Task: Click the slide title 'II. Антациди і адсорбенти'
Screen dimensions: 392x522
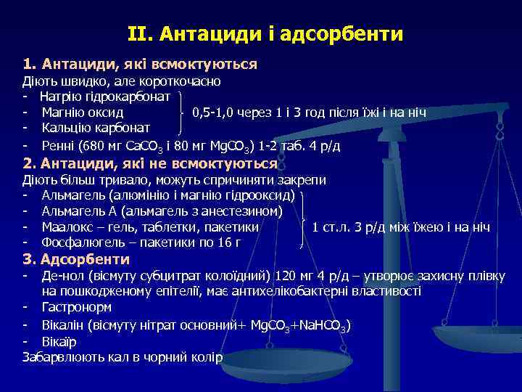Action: (265, 34)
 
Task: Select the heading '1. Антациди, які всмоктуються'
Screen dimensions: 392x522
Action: (140, 65)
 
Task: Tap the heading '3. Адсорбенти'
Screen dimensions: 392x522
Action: (76, 259)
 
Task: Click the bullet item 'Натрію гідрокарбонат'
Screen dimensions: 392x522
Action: (105, 97)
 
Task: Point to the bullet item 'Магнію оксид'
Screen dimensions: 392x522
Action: (82, 113)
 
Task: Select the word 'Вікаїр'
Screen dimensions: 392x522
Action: (60, 340)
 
